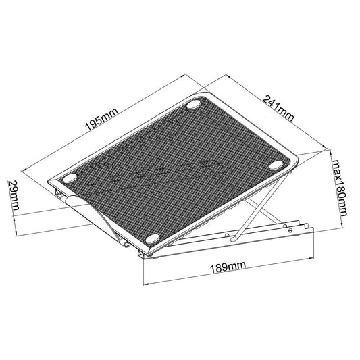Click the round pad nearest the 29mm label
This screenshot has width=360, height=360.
tap(70, 179)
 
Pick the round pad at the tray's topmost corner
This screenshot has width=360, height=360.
tap(194, 106)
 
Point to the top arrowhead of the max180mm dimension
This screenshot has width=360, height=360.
tap(332, 152)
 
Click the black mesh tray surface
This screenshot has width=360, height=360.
tap(182, 169)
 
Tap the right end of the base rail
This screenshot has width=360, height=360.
tap(312, 228)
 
